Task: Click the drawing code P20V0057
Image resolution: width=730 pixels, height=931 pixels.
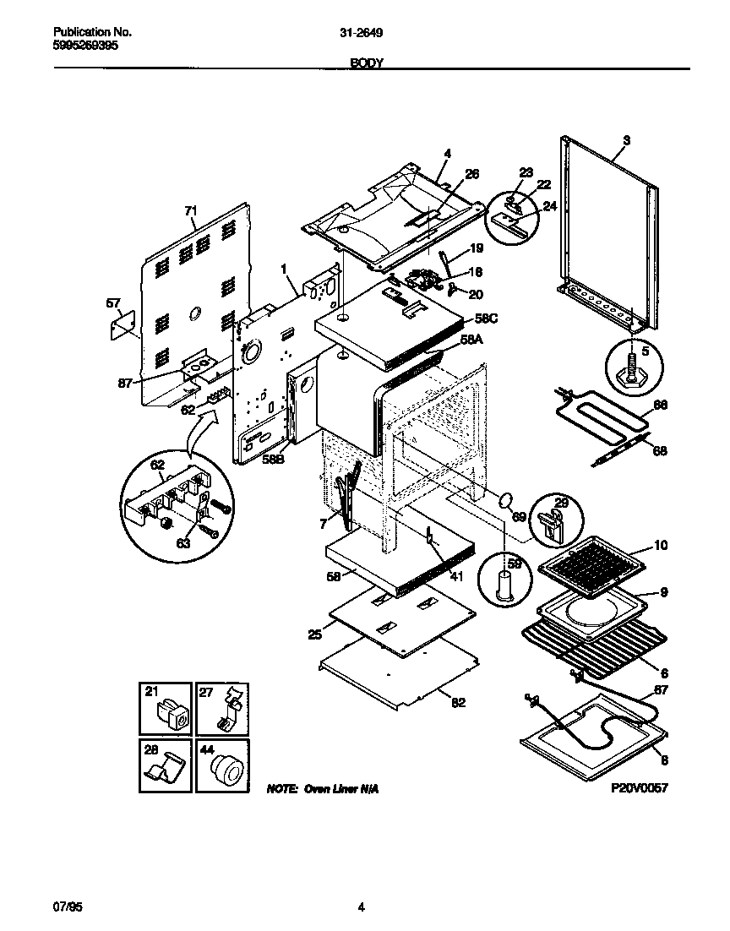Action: tap(639, 787)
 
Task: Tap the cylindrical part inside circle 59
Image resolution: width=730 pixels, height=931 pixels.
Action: tap(504, 584)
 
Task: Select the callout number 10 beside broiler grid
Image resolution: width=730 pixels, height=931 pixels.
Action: tap(660, 545)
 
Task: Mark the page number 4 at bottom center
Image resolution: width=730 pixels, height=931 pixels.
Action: tap(362, 908)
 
